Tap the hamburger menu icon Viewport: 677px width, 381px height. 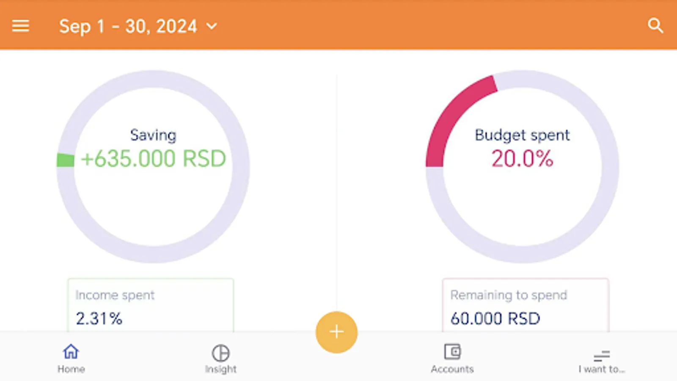[x=21, y=26]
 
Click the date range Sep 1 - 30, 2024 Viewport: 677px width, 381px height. [x=128, y=26]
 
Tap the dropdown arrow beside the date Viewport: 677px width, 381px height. [x=212, y=26]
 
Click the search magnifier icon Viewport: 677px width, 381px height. [x=655, y=26]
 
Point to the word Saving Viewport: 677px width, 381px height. [x=153, y=135]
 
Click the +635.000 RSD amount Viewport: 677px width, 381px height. [x=154, y=158]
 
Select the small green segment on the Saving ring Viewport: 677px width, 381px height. [x=66, y=160]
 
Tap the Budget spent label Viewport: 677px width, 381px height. [x=522, y=135]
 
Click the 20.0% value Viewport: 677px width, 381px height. [x=522, y=159]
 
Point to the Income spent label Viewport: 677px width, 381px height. [x=115, y=295]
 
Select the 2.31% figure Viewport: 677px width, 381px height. [x=99, y=319]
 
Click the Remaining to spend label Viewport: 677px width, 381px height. [x=509, y=295]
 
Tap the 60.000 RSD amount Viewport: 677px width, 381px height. [x=495, y=319]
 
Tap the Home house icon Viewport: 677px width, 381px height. [x=71, y=352]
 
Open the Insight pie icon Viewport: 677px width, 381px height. [x=220, y=353]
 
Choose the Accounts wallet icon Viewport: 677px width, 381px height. [x=452, y=352]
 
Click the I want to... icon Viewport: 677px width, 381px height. [x=601, y=356]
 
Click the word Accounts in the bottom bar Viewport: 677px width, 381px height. [x=452, y=369]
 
